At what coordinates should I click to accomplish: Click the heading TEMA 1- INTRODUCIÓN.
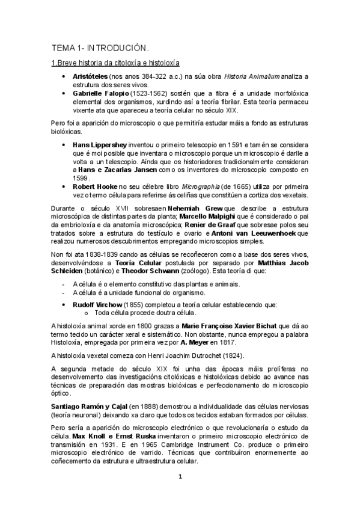coord(100,47)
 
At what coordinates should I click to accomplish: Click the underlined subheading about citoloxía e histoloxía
coord(115,63)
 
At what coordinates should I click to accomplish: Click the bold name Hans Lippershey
coord(101,145)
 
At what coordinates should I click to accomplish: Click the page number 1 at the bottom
coord(180,478)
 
